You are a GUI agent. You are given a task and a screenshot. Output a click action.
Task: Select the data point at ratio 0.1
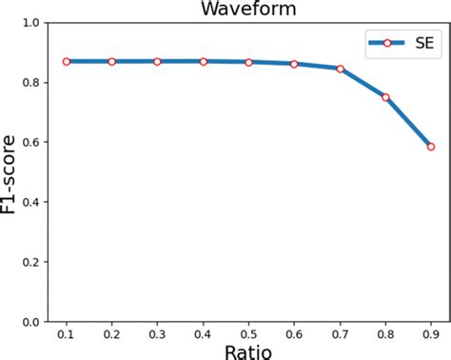[x=67, y=61]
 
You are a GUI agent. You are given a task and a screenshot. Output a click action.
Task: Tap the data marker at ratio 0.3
[x=157, y=61]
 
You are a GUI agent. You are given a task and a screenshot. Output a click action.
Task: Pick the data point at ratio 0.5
[x=248, y=62]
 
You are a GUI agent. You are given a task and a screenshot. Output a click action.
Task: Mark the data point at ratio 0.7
[x=340, y=69]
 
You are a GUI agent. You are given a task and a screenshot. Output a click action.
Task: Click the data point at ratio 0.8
[x=385, y=97]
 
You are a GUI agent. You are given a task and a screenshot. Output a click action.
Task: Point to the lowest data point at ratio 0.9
[x=431, y=147]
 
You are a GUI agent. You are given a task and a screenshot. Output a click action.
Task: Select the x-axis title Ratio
[x=248, y=351]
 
